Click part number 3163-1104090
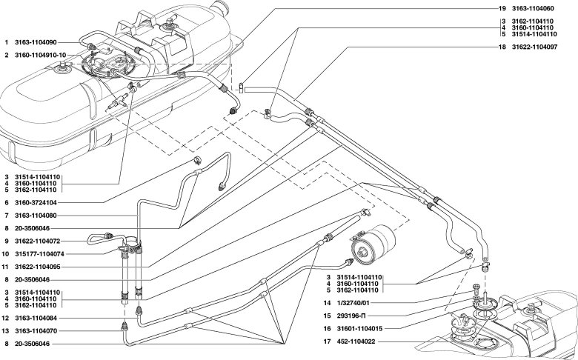click(x=36, y=43)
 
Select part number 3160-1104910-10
click(x=41, y=56)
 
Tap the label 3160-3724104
click(x=36, y=203)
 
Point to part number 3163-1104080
click(x=36, y=216)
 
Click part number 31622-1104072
click(x=37, y=241)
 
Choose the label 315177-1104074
click(x=39, y=254)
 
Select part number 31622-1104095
click(x=37, y=267)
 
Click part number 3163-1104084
click(x=36, y=318)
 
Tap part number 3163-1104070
click(x=36, y=331)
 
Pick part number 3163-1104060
click(x=533, y=8)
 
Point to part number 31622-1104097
click(x=534, y=47)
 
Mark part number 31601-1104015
click(x=359, y=329)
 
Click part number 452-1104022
click(x=356, y=341)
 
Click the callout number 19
click(x=502, y=8)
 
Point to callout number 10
click(x=5, y=254)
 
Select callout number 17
click(x=327, y=341)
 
